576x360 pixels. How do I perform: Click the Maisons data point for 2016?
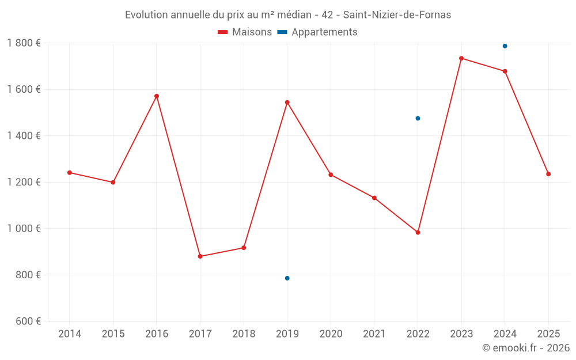click(x=157, y=96)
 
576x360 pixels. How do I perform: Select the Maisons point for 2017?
click(x=200, y=256)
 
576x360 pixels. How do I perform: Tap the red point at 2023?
click(x=461, y=58)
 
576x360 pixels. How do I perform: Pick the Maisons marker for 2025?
click(x=548, y=174)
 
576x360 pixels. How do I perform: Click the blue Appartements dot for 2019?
click(x=287, y=278)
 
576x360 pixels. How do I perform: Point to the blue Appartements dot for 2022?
click(x=418, y=118)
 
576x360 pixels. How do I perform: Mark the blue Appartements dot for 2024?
click(x=505, y=46)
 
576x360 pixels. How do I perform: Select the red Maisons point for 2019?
click(x=287, y=103)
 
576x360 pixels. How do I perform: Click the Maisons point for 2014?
click(x=70, y=173)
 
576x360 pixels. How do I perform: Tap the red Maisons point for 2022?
click(x=418, y=232)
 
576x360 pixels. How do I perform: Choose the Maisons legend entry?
click(x=245, y=32)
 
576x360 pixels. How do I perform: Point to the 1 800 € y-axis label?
click(x=24, y=43)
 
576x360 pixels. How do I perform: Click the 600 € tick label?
click(x=28, y=321)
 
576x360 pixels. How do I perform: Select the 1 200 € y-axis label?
click(x=24, y=182)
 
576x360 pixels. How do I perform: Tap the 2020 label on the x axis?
click(x=331, y=334)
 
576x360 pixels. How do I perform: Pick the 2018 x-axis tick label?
click(x=244, y=334)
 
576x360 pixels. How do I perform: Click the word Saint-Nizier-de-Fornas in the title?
click(x=397, y=14)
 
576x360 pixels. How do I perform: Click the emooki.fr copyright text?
click(x=526, y=348)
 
